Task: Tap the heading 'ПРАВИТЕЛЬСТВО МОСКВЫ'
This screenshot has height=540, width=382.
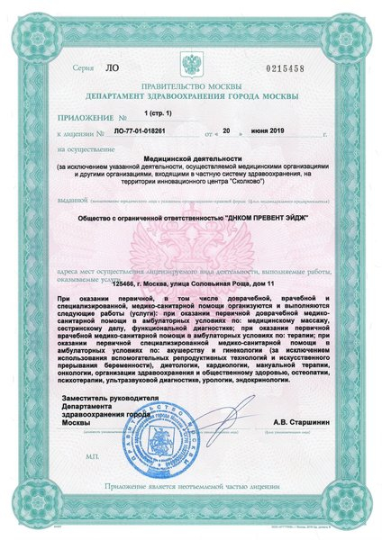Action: click(x=190, y=86)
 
